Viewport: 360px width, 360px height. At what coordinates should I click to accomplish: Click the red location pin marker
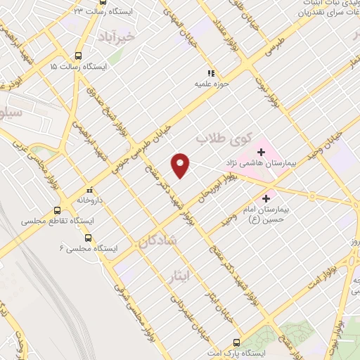point(181,164)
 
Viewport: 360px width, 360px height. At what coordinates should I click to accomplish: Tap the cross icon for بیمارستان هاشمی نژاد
point(260,151)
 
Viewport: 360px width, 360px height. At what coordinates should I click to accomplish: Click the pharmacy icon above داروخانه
point(89,190)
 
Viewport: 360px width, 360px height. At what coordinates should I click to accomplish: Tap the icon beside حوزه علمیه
point(209,73)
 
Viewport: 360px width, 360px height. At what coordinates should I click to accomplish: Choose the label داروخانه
point(91,200)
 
